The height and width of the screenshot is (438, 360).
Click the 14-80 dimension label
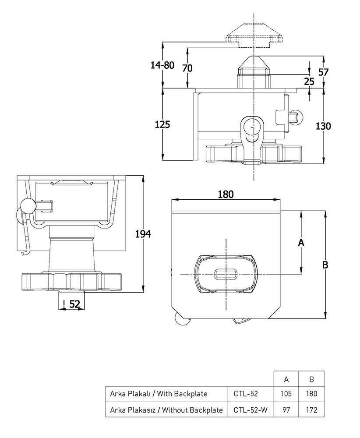pos(162,66)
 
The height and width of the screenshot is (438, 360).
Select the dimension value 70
pos(187,68)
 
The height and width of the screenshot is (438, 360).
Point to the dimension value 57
pos(323,72)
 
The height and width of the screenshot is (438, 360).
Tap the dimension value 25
pos(309,81)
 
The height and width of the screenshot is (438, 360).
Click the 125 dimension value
pos(162,124)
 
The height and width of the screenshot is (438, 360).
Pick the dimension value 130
pos(323,126)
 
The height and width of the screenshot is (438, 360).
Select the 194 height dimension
pos(143,234)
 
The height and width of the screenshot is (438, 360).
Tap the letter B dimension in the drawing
pos(325,265)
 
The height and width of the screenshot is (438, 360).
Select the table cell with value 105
pos(286,393)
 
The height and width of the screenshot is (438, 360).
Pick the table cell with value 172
pos(311,410)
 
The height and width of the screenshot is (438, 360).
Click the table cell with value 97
pos(286,410)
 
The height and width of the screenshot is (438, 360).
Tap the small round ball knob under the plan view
pos(180,320)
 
